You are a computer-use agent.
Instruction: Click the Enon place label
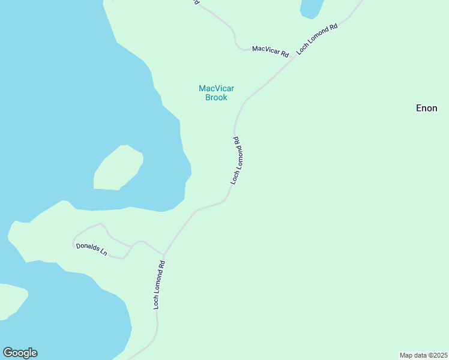pyautogui.click(x=427, y=108)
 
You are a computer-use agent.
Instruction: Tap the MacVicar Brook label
pyautogui.click(x=216, y=93)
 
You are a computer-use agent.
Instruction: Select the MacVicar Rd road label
pyautogui.click(x=270, y=51)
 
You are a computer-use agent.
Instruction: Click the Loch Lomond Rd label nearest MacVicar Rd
pyautogui.click(x=318, y=37)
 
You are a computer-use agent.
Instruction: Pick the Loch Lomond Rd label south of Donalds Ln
pyautogui.click(x=158, y=284)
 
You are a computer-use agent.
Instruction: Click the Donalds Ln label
pyautogui.click(x=91, y=250)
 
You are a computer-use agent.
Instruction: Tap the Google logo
pyautogui.click(x=20, y=353)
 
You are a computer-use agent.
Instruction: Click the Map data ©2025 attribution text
pyautogui.click(x=423, y=355)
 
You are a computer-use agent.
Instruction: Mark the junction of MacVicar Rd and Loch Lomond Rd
pyautogui.click(x=294, y=58)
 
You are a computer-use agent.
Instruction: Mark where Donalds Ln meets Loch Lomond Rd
pyautogui.click(x=163, y=254)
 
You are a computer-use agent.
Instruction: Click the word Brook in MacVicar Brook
pyautogui.click(x=216, y=97)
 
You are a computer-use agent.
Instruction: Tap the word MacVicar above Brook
pyautogui.click(x=216, y=89)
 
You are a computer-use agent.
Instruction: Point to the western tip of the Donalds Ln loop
pyautogui.click(x=73, y=243)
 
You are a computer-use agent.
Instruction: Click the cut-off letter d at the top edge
pyautogui.click(x=196, y=2)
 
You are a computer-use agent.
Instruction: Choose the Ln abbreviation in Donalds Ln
pyautogui.click(x=103, y=253)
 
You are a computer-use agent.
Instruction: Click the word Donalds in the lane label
pyautogui.click(x=87, y=248)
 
